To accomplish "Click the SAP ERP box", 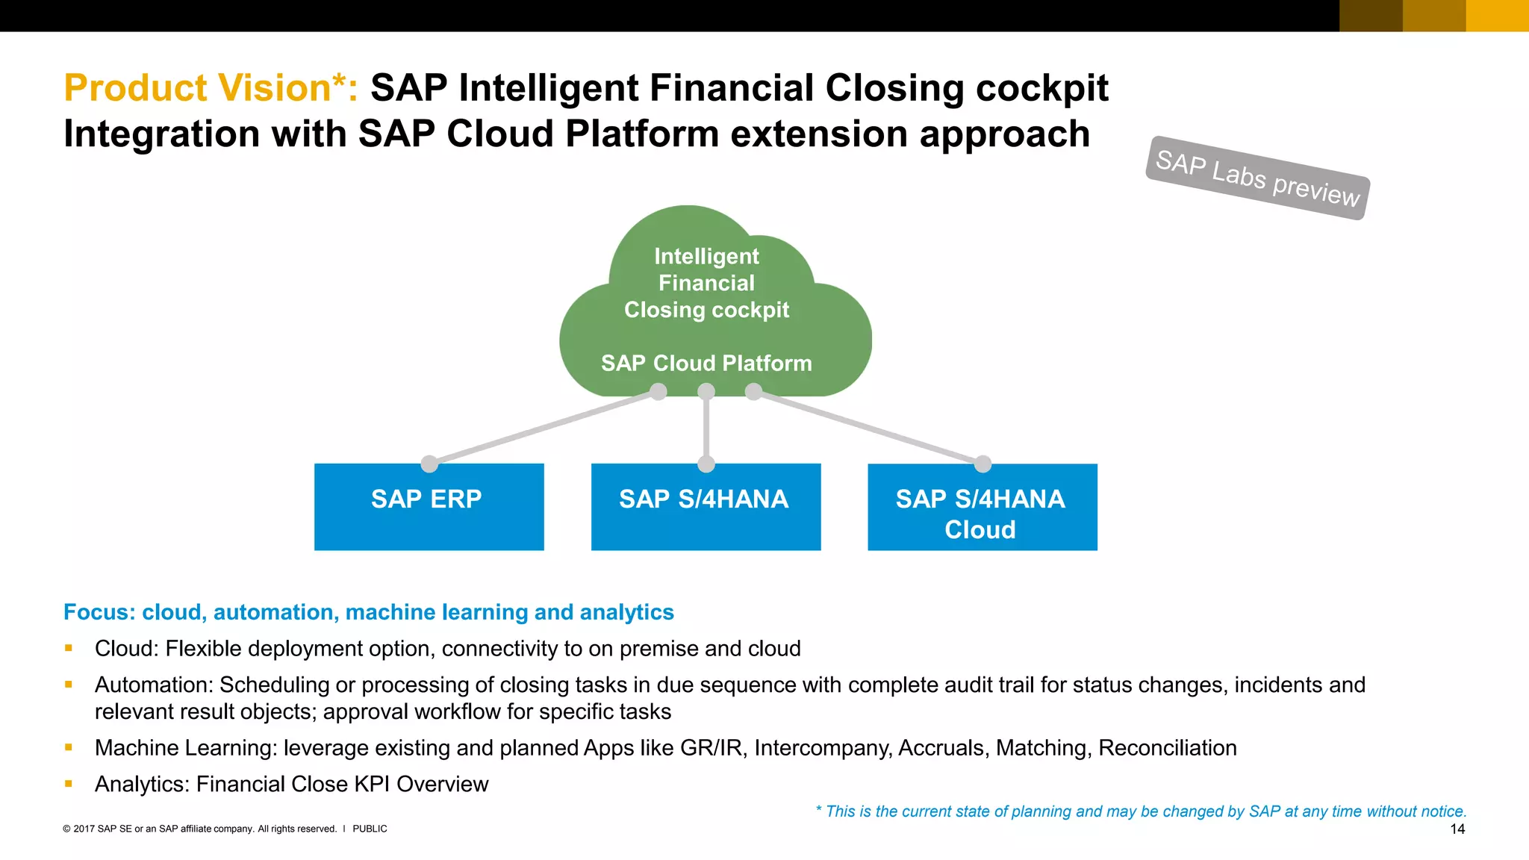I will click(429, 507).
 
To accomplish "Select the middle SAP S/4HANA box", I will click(706, 507).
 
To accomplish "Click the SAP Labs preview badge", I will click(1257, 178).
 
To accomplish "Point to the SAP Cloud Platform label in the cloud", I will click(706, 364).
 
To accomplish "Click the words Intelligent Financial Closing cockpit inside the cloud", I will click(706, 283).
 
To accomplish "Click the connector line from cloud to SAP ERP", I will click(544, 428).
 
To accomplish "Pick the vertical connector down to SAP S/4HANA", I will click(706, 428).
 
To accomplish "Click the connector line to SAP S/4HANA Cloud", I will click(868, 428).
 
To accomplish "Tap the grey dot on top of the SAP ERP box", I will click(429, 464).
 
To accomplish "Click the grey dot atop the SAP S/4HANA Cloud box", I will click(983, 464).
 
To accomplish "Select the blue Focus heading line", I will click(368, 612).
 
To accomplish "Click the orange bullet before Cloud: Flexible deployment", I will click(69, 648).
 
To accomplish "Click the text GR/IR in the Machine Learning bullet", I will click(712, 748).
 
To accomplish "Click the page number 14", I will click(1457, 829).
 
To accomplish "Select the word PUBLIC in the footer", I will click(370, 829).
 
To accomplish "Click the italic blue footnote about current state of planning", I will click(1141, 811).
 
